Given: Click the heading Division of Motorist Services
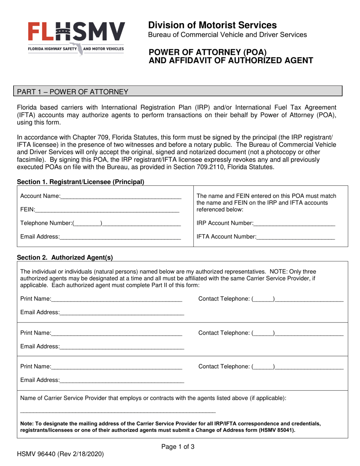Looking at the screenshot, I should pyautogui.click(x=212, y=25).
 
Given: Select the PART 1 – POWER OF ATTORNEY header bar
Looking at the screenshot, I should pyautogui.click(x=178, y=91).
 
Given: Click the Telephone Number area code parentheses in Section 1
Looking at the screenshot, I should pyautogui.click(x=87, y=224).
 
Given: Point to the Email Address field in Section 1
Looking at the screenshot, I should pyautogui.click(x=120, y=237).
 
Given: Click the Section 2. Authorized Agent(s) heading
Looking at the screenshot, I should pyautogui.click(x=65, y=258).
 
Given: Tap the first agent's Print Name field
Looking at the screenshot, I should pyautogui.click(x=117, y=299).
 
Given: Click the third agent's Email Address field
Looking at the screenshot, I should pyautogui.click(x=122, y=380).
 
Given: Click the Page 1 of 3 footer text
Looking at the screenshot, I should pyautogui.click(x=178, y=447).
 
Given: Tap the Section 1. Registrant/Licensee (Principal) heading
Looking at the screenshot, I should pyautogui.click(x=81, y=182).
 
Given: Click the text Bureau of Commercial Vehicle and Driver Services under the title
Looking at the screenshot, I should pyautogui.click(x=227, y=35).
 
